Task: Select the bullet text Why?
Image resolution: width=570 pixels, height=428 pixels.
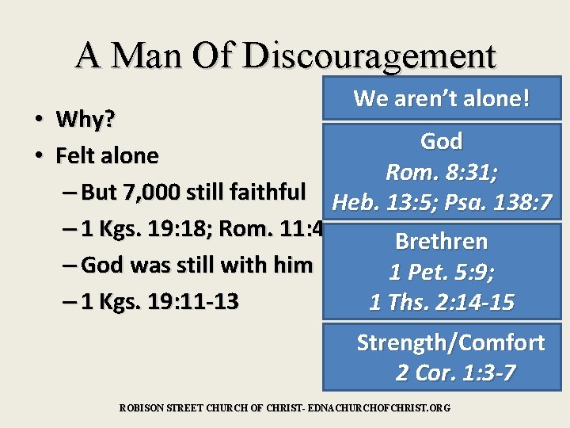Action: (x=85, y=120)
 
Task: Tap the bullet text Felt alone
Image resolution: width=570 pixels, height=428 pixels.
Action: (x=107, y=156)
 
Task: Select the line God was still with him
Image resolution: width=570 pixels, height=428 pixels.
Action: (x=197, y=265)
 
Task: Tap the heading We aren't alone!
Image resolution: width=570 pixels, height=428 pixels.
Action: (x=442, y=99)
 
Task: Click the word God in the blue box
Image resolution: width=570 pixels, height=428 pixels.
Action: (x=442, y=142)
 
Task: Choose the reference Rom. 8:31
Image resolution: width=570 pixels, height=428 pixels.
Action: (x=439, y=172)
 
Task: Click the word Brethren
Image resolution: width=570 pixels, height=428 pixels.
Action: (x=441, y=241)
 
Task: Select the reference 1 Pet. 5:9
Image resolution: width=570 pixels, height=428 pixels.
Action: (x=441, y=272)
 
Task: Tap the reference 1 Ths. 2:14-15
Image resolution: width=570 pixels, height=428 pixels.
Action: (x=441, y=302)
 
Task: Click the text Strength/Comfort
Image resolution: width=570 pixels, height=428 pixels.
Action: (x=450, y=342)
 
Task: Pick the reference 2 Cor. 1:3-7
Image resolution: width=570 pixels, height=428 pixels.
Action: (x=454, y=373)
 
